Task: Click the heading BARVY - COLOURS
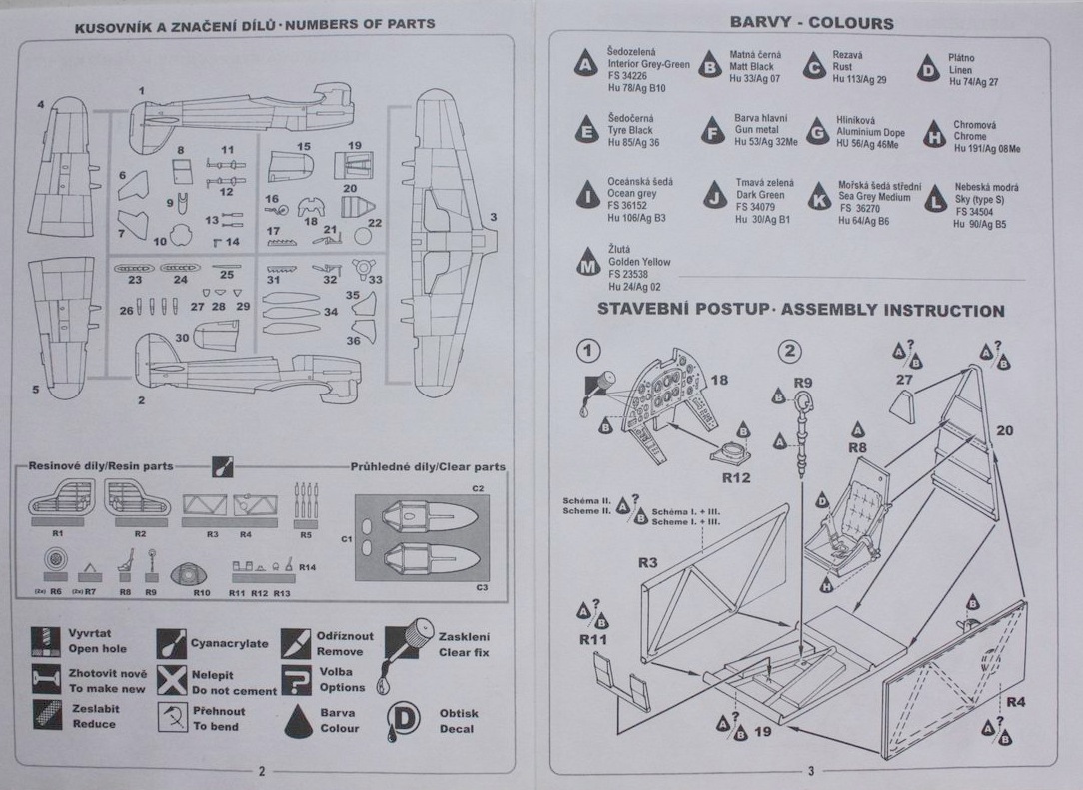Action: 810,23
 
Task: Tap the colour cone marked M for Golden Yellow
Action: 589,264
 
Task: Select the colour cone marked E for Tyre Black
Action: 588,131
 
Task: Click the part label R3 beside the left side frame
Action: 647,564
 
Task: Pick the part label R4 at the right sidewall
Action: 1015,702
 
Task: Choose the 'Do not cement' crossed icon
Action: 173,681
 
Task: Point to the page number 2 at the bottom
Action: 261,771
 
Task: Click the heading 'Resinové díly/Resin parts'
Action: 100,466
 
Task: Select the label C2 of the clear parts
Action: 478,488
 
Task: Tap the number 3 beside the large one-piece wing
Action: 493,217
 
